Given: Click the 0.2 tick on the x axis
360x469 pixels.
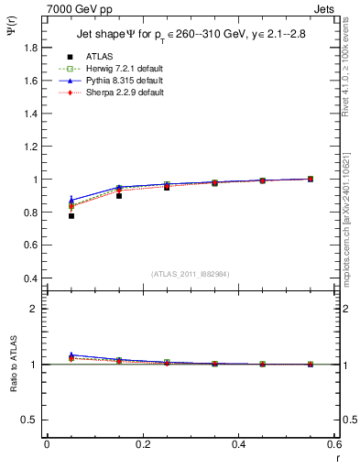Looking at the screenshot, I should pos(142,444).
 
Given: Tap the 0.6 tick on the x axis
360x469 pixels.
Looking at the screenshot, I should pos(334,444).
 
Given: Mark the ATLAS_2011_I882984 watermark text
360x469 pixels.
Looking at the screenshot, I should pos(191,274).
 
